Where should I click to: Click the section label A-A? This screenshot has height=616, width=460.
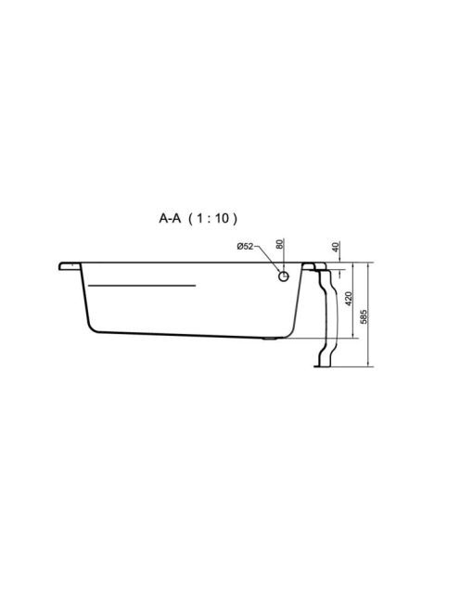pos(170,218)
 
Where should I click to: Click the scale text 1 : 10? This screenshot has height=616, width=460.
pos(212,218)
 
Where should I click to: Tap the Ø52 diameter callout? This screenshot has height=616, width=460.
pos(245,247)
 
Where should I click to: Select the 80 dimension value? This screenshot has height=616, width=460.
pos(279,244)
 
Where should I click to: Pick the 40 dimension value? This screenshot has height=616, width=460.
pos(335,247)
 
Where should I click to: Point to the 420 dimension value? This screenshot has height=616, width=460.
pos(348,299)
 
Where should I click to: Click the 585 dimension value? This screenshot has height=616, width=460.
pos(364,316)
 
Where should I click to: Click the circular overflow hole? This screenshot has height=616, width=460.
pos(283,276)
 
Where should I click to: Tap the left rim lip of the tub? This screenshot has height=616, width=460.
pos(70,266)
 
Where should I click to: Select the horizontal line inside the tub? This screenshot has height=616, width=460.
pos(142,286)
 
